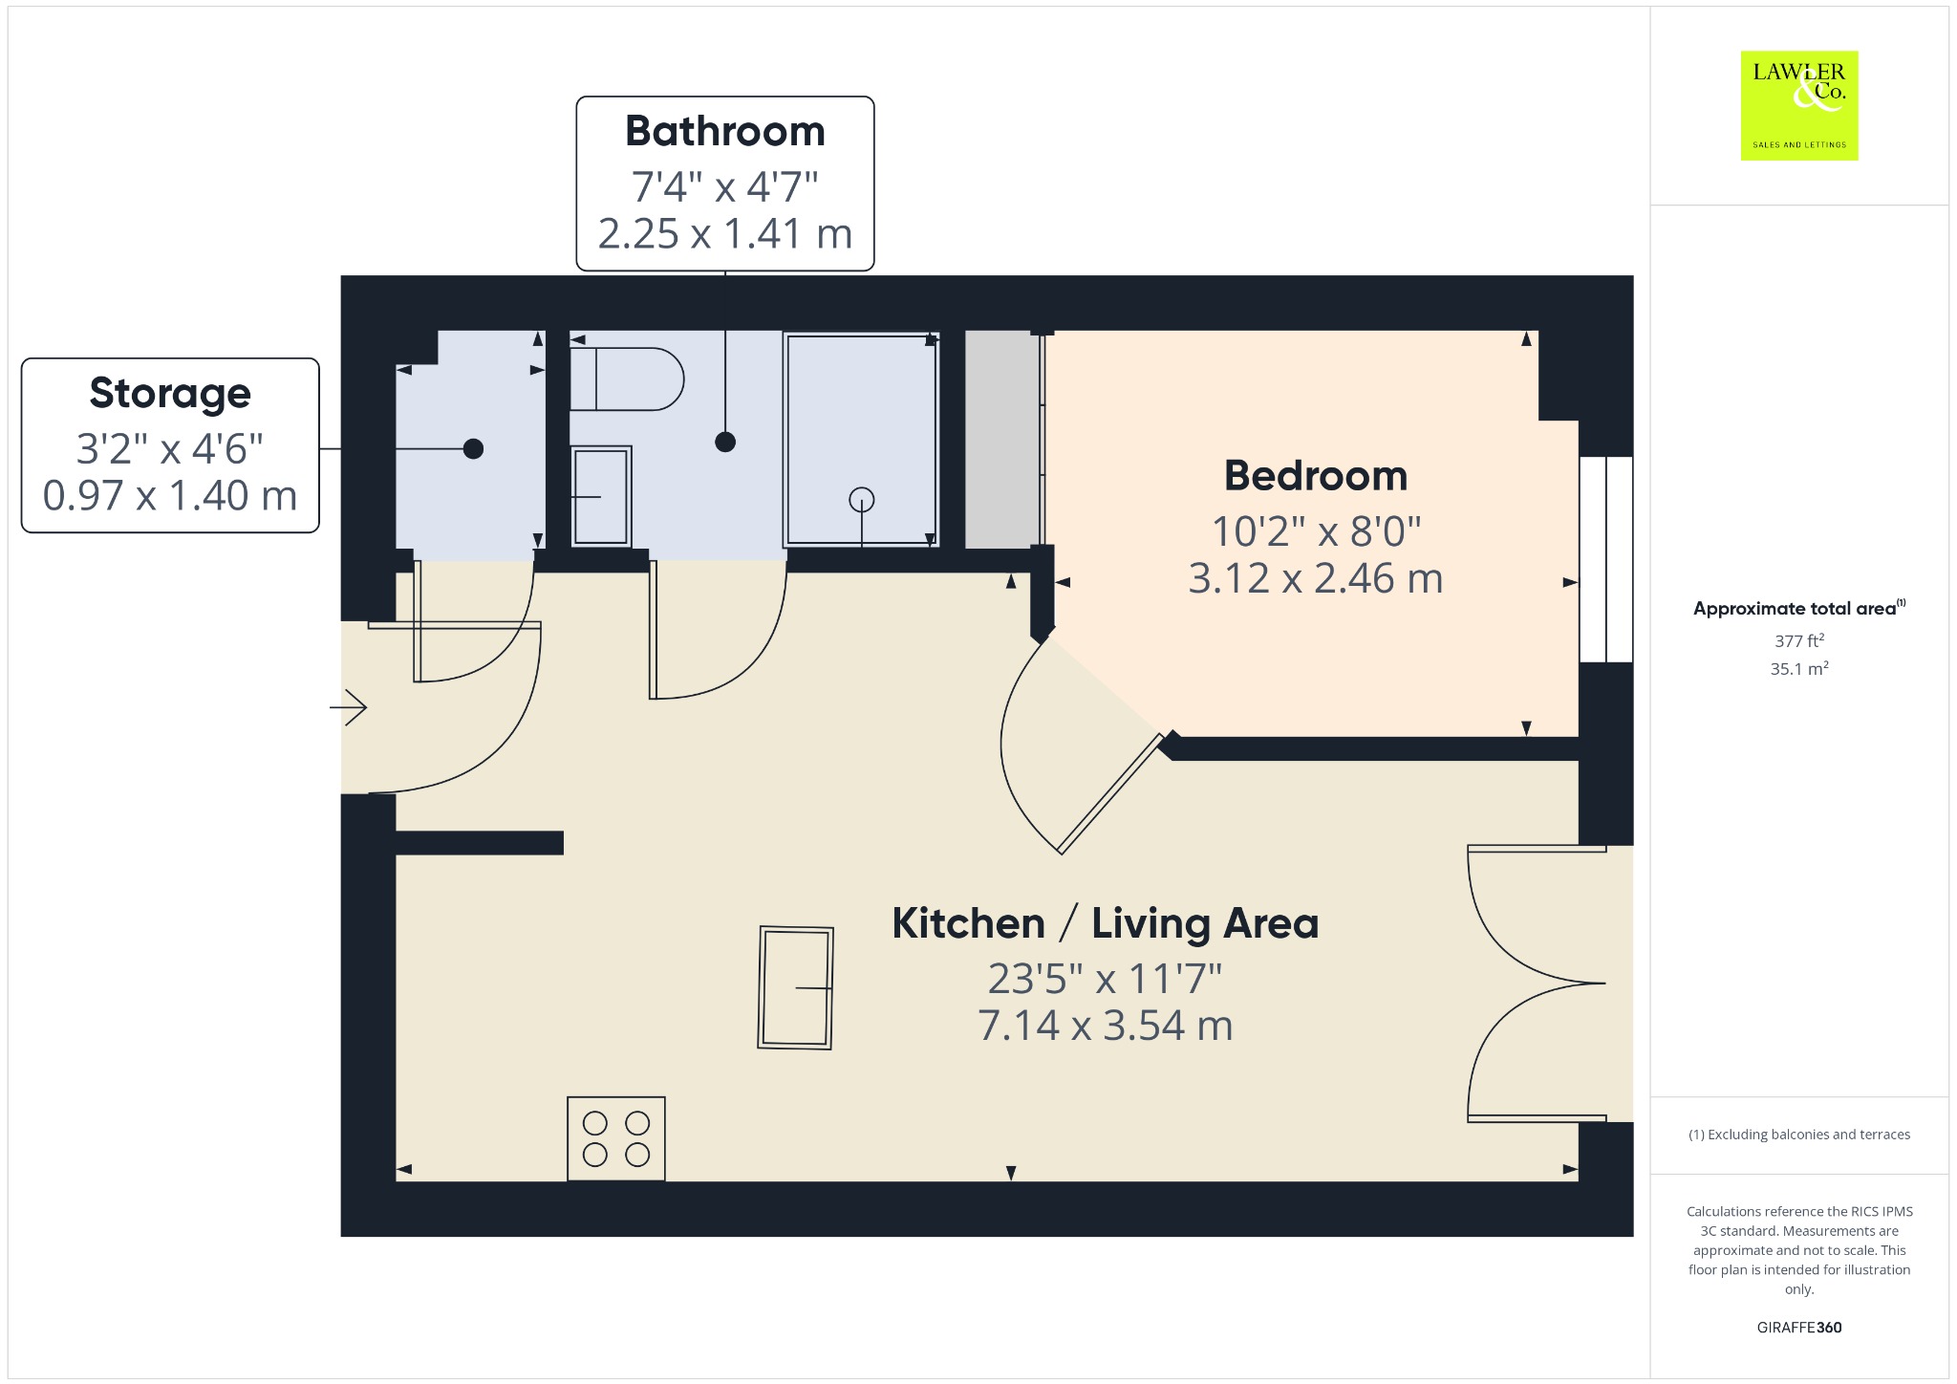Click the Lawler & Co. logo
(x=1799, y=105)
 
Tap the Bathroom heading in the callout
(x=725, y=131)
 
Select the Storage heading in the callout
(x=170, y=394)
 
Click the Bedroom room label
(x=1316, y=476)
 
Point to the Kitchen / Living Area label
(x=1106, y=923)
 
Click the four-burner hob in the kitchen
(x=616, y=1138)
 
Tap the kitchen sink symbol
(x=796, y=987)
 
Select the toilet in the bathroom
(x=627, y=378)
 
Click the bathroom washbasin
(x=601, y=496)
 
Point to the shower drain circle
(x=862, y=499)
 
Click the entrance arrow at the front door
(x=349, y=707)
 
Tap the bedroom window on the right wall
(x=1606, y=559)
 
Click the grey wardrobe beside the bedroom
(x=1002, y=440)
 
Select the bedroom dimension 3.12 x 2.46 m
(x=1316, y=579)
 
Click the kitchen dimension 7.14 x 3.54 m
(x=1106, y=1026)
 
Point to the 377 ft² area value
(x=1799, y=640)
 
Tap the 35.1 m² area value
(x=1799, y=668)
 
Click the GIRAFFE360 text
(x=1799, y=1327)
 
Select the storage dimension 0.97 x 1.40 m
(x=170, y=496)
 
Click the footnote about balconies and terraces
(x=1799, y=1135)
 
